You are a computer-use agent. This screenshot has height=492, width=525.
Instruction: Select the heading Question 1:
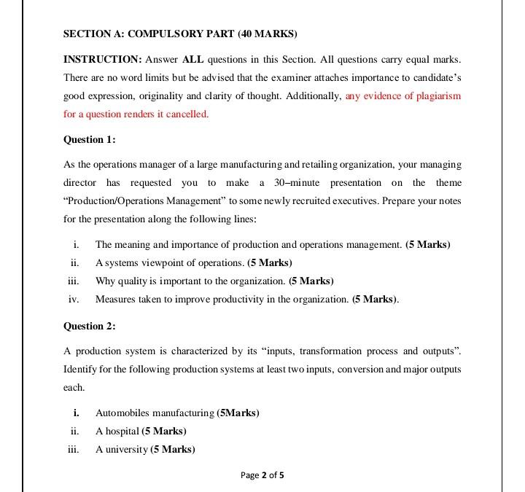[90, 139]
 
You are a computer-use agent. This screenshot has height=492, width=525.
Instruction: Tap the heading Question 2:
[90, 326]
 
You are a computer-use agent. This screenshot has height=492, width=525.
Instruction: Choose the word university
[125, 449]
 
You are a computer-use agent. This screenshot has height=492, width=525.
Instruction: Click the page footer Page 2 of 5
[262, 475]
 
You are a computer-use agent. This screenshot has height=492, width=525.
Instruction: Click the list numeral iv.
[73, 299]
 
